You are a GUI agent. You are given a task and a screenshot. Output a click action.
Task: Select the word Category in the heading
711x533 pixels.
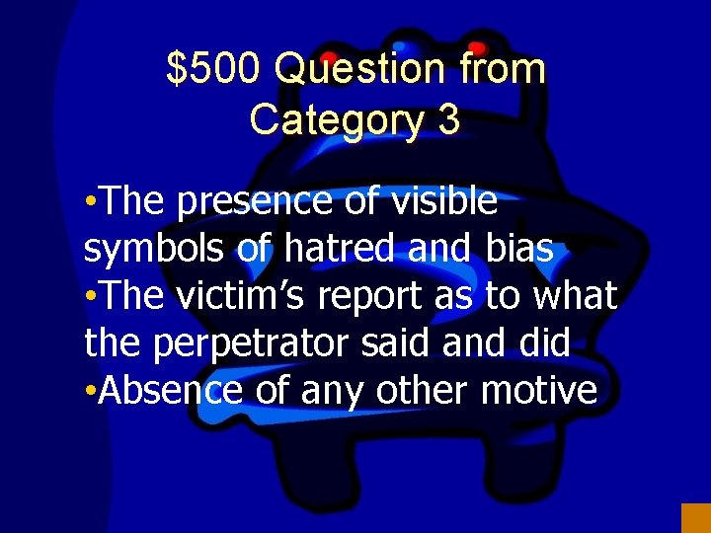point(335,120)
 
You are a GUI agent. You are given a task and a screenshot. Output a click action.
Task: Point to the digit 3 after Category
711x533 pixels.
point(447,120)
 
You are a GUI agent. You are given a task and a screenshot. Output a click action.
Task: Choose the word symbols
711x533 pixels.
point(155,250)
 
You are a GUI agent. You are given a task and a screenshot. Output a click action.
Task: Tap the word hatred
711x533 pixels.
point(333,250)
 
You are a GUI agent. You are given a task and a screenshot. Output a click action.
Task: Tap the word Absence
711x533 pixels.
point(170,390)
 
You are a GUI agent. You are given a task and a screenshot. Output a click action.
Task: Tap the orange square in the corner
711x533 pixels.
point(695,518)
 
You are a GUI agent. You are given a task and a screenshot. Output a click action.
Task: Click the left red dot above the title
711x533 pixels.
point(329,57)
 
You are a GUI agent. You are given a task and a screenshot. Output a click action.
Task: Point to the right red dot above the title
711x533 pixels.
point(477,46)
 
